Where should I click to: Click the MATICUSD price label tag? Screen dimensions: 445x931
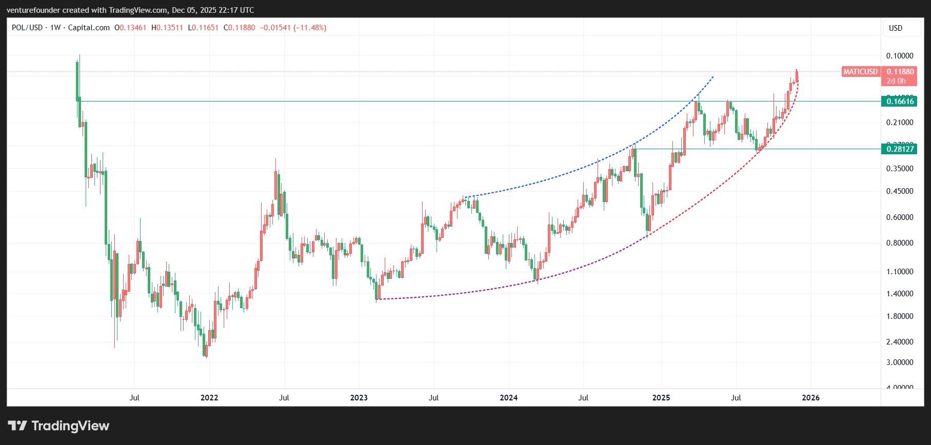coord(860,72)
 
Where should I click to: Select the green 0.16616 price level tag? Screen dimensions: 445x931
coord(900,102)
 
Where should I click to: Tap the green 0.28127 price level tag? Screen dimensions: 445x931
coord(900,149)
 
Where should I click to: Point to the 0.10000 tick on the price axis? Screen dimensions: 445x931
coord(900,56)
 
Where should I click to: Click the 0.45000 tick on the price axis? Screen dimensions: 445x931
coord(900,191)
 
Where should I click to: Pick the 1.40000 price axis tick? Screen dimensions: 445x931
coord(900,294)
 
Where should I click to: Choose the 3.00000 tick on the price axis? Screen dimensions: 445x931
coord(900,362)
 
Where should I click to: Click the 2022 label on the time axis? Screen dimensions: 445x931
coord(209,398)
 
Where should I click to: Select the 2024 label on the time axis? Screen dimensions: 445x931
coord(508,398)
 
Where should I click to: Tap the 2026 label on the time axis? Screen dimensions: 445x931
coord(810,398)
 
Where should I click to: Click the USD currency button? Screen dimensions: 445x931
coord(896,28)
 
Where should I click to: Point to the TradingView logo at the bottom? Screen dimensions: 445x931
coord(59,426)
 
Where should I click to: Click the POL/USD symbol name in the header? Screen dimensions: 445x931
coord(27,28)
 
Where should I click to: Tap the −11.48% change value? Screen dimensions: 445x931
coord(310,28)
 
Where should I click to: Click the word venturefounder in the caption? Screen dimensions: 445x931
coord(33,10)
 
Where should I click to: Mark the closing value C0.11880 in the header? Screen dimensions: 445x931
coord(239,28)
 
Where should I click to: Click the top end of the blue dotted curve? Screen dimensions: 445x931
coord(713,76)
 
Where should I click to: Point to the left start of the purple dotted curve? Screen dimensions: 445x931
coord(378,299)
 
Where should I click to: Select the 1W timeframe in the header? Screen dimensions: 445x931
coord(55,28)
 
